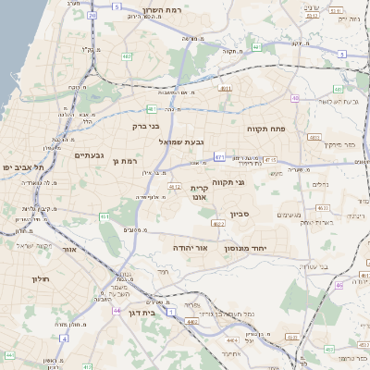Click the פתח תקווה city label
pos(265,129)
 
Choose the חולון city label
pos(39,278)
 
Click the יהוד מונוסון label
pos(245,249)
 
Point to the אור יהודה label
pos(191,248)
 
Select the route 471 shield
pos(219,157)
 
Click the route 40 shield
pos(295,98)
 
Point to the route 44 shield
pos(117,310)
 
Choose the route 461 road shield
pos(104,217)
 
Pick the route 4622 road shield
pos(218,223)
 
